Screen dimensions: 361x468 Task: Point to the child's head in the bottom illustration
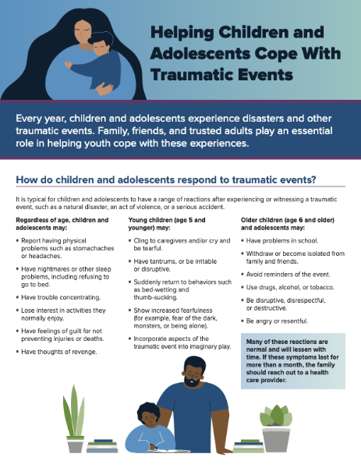[148, 414]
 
